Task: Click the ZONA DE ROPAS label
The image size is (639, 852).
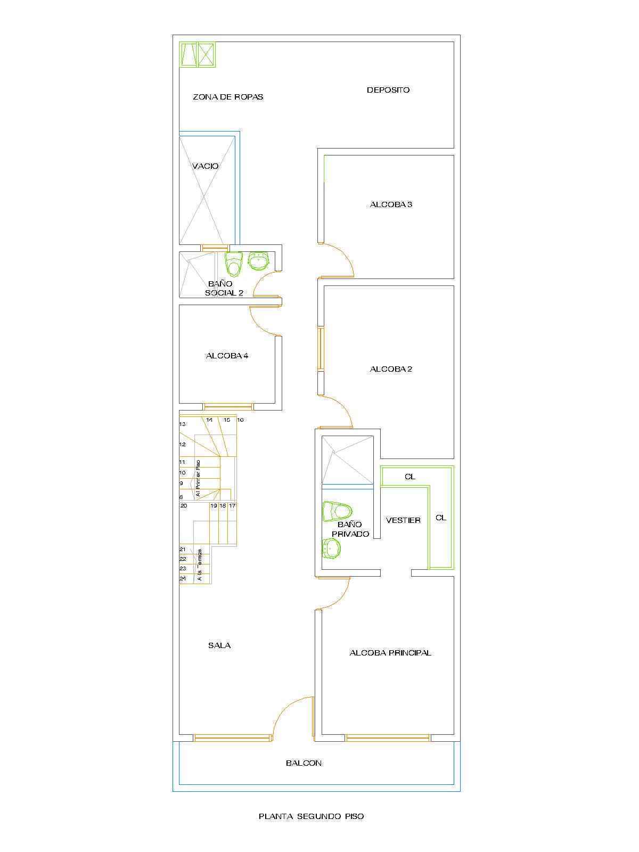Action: pyautogui.click(x=228, y=97)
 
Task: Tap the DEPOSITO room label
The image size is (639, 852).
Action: pyautogui.click(x=388, y=90)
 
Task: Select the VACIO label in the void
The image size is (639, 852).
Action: pyautogui.click(x=205, y=166)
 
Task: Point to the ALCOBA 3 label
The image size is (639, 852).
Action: pyautogui.click(x=391, y=204)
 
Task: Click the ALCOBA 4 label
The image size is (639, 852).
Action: pyautogui.click(x=227, y=356)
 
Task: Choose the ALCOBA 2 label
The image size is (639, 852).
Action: pyautogui.click(x=391, y=369)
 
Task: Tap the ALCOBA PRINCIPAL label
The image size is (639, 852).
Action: pyautogui.click(x=390, y=653)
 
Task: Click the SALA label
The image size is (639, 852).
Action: pyautogui.click(x=219, y=645)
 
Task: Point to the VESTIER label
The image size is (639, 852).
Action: pyautogui.click(x=403, y=520)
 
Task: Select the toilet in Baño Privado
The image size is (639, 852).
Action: pyautogui.click(x=337, y=512)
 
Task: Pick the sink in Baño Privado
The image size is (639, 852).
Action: pyautogui.click(x=331, y=549)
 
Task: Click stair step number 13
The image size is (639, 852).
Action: pyautogui.click(x=182, y=424)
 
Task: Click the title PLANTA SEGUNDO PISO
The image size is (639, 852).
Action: pyautogui.click(x=311, y=816)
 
